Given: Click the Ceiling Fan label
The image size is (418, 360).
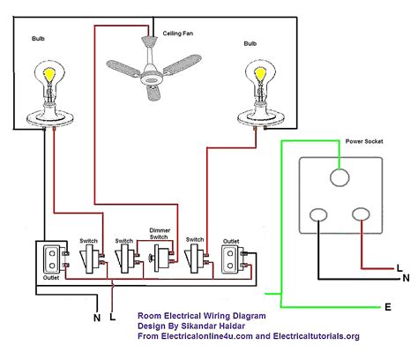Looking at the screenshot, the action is pyautogui.click(x=178, y=34).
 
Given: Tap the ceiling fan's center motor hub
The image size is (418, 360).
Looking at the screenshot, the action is pyautogui.click(x=152, y=78).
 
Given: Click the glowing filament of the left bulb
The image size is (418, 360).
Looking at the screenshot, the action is pyautogui.click(x=49, y=75).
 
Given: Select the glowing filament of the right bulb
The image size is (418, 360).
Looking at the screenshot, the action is pyautogui.click(x=260, y=75).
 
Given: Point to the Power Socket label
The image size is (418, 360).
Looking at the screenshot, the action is pyautogui.click(x=364, y=141).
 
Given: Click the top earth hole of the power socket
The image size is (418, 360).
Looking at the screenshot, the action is pyautogui.click(x=340, y=177).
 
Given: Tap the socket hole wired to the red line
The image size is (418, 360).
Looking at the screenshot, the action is pyautogui.click(x=361, y=214).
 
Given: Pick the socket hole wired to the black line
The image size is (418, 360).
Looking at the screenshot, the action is pyautogui.click(x=318, y=214).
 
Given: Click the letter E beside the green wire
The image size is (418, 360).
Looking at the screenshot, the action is pyautogui.click(x=388, y=307).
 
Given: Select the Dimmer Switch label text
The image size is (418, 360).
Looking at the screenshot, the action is pyautogui.click(x=160, y=234).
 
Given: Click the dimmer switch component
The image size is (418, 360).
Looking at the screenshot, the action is pyautogui.click(x=160, y=259).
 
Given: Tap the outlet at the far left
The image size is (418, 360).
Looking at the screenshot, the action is pyautogui.click(x=52, y=259).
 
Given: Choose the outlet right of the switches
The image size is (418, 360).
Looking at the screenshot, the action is pyautogui.click(x=232, y=259).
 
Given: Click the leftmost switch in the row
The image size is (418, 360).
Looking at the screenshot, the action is pyautogui.click(x=90, y=259).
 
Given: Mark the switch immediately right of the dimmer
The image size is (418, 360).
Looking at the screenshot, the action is pyautogui.click(x=194, y=258).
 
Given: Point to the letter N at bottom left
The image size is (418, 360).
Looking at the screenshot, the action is pyautogui.click(x=97, y=318).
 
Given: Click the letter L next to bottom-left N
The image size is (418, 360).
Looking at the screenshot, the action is pyautogui.click(x=113, y=317).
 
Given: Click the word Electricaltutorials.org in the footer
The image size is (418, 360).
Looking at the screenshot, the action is pyautogui.click(x=317, y=336).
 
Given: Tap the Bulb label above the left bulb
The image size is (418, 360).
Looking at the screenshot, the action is pyautogui.click(x=38, y=39).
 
